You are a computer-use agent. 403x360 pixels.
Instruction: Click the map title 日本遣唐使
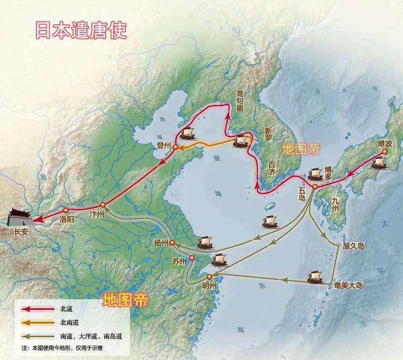point(80,29)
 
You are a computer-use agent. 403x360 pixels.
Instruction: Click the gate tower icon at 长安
point(19,218)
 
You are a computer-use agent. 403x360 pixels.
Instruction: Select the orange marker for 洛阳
point(66,210)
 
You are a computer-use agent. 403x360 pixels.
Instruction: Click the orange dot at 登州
point(175,147)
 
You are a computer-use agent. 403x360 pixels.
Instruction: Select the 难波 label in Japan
point(385,144)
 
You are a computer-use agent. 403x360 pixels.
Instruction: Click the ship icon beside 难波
point(380,162)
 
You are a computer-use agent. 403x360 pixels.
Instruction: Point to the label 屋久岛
point(354,245)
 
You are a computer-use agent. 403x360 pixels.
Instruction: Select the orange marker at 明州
point(209,277)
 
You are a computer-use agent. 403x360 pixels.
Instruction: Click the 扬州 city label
point(160,243)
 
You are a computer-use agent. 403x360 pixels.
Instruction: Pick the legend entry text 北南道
point(70,322)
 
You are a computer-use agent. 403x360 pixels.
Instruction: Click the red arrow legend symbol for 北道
point(37,309)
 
